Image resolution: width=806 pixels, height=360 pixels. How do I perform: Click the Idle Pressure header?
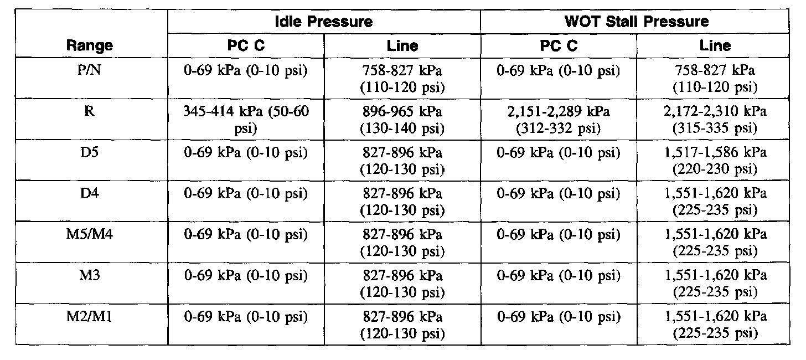(x=323, y=22)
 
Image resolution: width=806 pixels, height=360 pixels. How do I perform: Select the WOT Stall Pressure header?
(x=637, y=22)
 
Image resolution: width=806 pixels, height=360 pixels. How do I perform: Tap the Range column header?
(x=90, y=45)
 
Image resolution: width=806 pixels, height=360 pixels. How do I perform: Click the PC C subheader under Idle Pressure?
(x=246, y=45)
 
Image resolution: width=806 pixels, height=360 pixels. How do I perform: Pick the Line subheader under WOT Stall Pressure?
(x=715, y=45)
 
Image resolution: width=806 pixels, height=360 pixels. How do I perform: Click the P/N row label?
(x=89, y=70)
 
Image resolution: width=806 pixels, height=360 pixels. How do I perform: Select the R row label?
(x=89, y=111)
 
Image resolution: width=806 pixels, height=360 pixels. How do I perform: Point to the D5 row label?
(x=89, y=152)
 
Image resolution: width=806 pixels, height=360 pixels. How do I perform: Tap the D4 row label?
(x=89, y=193)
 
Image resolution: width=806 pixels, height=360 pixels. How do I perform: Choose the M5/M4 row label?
(x=89, y=234)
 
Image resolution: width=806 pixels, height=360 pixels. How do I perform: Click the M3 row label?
(x=89, y=275)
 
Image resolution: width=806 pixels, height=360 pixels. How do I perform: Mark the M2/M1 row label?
(x=89, y=316)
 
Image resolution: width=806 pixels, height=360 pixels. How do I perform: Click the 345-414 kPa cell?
(x=246, y=120)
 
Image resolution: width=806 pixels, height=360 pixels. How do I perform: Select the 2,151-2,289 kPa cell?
(x=559, y=120)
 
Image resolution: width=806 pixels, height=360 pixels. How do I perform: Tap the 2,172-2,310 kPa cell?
(x=715, y=120)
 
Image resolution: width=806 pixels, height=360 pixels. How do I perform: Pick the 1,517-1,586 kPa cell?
(x=715, y=161)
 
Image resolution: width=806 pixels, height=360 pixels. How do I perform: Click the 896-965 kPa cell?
(x=402, y=120)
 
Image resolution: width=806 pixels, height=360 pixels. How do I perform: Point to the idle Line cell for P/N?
(x=402, y=79)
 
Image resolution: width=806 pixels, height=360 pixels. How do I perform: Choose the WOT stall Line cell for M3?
(x=715, y=284)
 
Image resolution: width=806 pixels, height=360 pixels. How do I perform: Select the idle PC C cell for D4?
(x=246, y=193)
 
